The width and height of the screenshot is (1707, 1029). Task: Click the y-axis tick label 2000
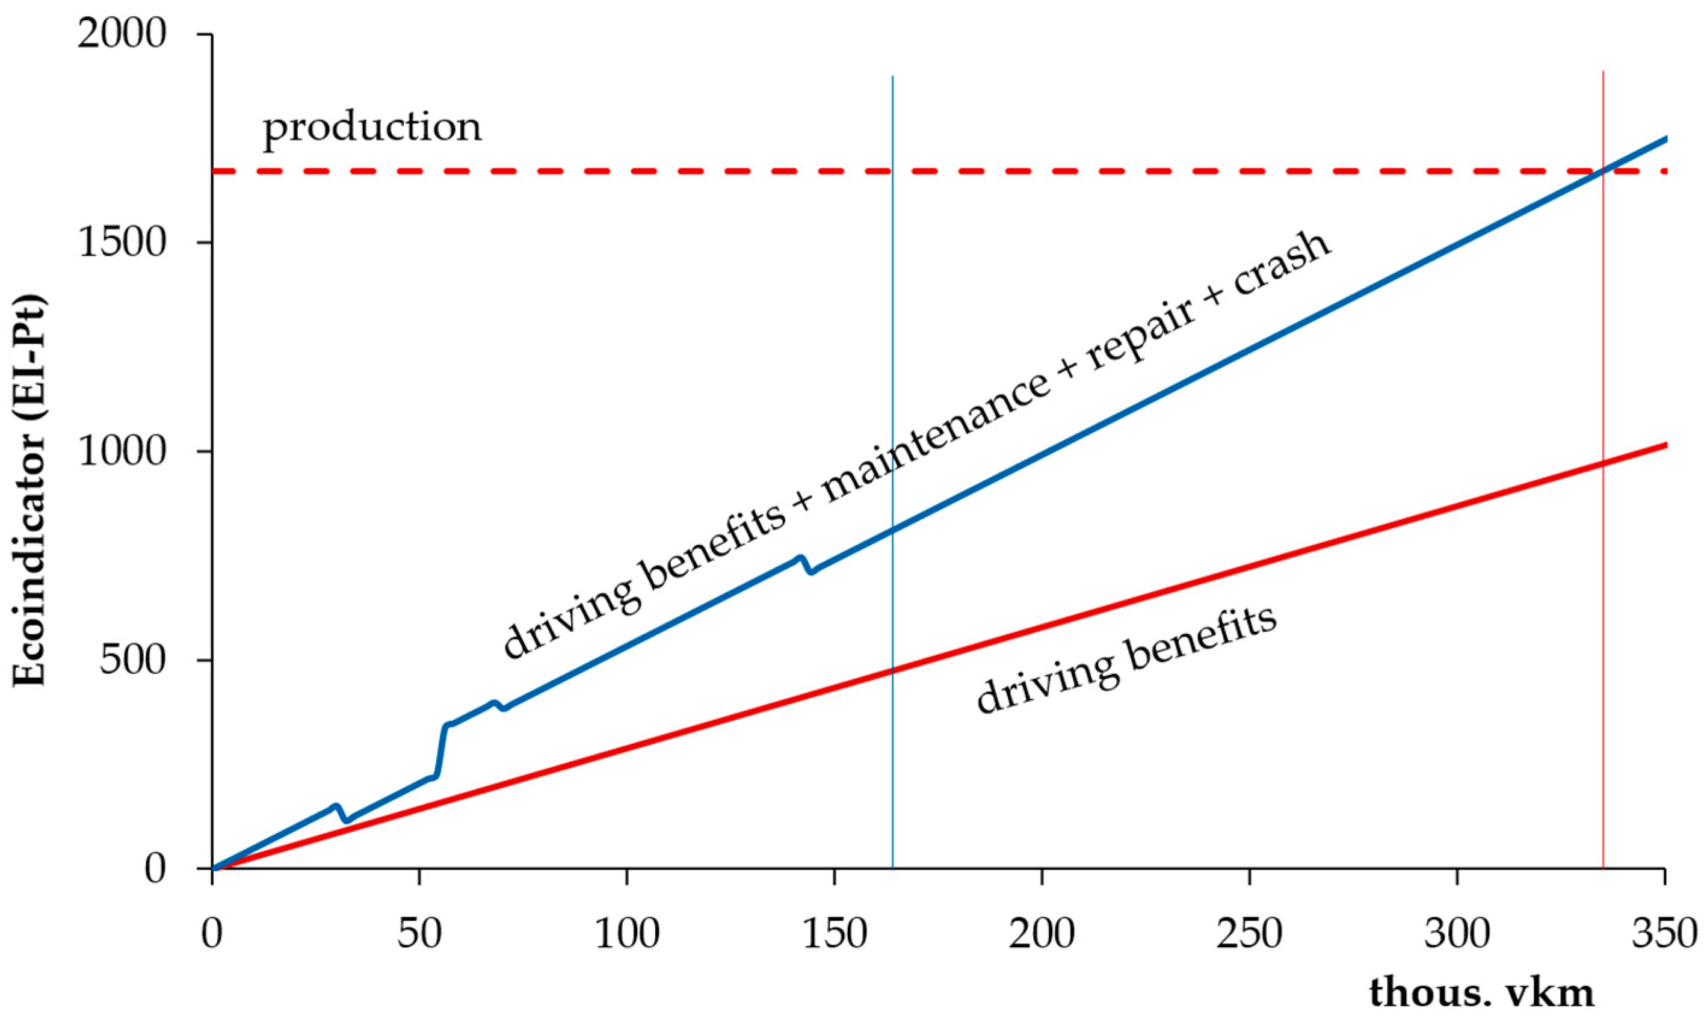point(122,33)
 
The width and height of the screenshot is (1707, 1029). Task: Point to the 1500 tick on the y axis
point(122,243)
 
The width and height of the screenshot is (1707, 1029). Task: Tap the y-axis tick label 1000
point(122,452)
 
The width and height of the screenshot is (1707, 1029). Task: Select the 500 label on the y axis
point(133,660)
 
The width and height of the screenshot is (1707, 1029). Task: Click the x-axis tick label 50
point(419,933)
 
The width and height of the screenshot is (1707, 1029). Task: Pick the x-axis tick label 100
point(627,933)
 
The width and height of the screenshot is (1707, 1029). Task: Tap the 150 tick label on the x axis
point(835,933)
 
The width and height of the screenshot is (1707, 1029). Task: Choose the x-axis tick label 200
point(1042,933)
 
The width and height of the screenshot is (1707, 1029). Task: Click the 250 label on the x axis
point(1250,933)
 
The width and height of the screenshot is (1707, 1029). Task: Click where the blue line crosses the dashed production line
point(1602,170)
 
